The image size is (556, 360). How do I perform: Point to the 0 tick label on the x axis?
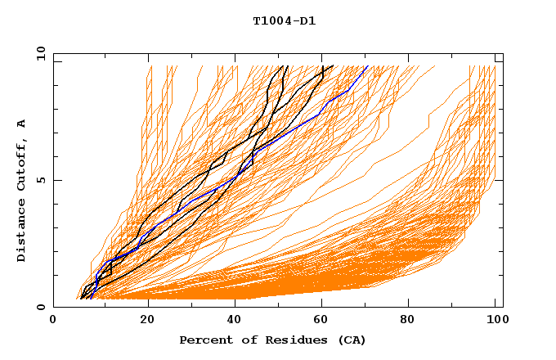tap(53, 322)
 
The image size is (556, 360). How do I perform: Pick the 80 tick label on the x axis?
tap(415, 322)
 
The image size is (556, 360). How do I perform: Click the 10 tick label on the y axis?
tap(40, 53)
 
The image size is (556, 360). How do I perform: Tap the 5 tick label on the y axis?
tap(40, 180)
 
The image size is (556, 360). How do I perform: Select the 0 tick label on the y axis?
tap(40, 308)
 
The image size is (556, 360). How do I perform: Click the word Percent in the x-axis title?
tap(203, 340)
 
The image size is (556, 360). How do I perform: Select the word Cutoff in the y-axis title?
tap(22, 163)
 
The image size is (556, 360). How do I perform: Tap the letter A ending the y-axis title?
tap(22, 124)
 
